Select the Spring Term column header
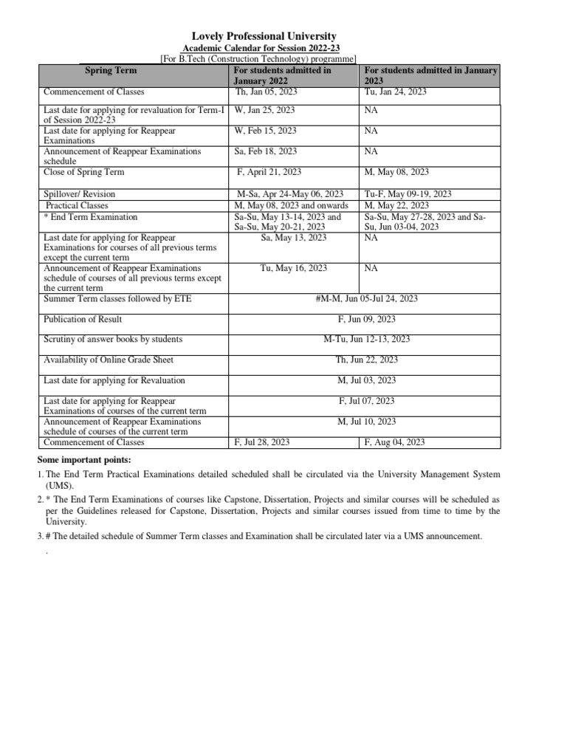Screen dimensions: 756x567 pyautogui.click(x=111, y=70)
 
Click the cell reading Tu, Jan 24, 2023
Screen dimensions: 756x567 pyautogui.click(x=396, y=92)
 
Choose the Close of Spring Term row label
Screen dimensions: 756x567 pyautogui.click(x=84, y=172)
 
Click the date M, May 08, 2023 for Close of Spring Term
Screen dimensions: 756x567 pyautogui.click(x=397, y=172)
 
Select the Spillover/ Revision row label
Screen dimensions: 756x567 pyautogui.click(x=80, y=194)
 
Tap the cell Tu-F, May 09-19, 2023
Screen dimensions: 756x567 pyautogui.click(x=408, y=194)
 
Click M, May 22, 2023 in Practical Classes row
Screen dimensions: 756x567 pyautogui.click(x=397, y=205)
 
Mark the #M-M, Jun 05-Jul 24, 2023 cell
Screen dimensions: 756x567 pyautogui.click(x=366, y=298)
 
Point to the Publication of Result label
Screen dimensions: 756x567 pyautogui.click(x=83, y=319)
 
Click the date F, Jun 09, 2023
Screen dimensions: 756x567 pyautogui.click(x=367, y=319)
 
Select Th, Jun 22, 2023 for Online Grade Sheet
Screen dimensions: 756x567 pyautogui.click(x=367, y=360)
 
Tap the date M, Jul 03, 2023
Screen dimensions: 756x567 pyautogui.click(x=367, y=380)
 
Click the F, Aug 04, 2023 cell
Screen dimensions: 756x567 pyautogui.click(x=395, y=442)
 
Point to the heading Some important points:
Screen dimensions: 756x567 pyautogui.click(x=83, y=461)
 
